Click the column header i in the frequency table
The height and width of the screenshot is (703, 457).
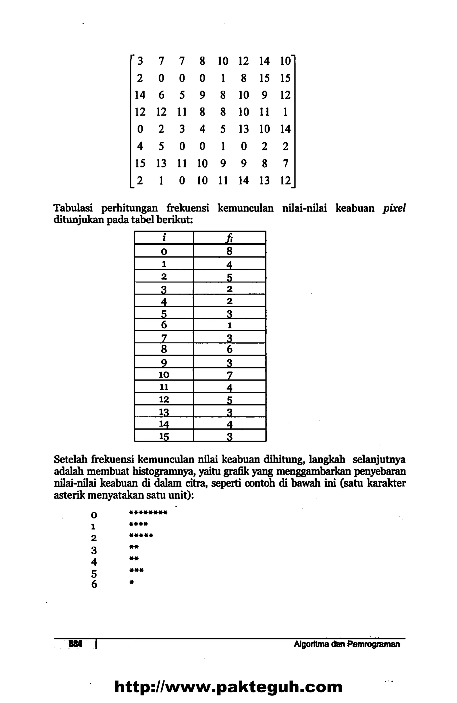pos(164,237)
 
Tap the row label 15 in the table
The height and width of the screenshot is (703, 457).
pos(164,436)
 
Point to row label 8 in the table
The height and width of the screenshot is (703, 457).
pos(164,349)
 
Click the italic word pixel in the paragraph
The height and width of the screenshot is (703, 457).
pos(393,209)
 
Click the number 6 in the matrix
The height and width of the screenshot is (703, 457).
pos(161,95)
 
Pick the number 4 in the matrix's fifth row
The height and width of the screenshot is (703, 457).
pos(202,129)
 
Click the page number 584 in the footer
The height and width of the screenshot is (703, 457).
pos(76,644)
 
